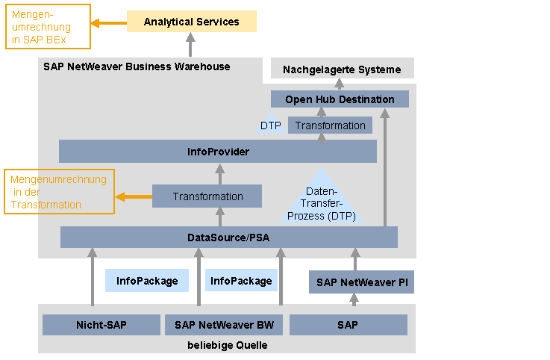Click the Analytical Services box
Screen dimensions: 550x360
click(192, 22)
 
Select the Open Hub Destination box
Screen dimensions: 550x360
click(340, 99)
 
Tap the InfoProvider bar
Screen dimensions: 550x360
click(218, 152)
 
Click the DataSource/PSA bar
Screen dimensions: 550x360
click(228, 238)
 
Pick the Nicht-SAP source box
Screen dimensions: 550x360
click(101, 325)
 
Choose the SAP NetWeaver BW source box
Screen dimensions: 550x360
click(224, 325)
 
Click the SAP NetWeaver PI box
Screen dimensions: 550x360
click(361, 282)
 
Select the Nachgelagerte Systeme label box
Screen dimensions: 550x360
click(343, 69)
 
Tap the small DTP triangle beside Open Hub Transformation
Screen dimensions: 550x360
click(270, 124)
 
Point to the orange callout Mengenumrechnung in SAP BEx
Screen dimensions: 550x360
click(48, 26)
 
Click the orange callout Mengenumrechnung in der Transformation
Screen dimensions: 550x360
click(59, 192)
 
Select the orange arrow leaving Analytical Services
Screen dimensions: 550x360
click(109, 23)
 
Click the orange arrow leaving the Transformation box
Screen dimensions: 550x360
click(134, 196)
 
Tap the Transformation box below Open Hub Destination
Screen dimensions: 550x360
click(330, 125)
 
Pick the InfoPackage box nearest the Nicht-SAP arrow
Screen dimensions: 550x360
click(147, 281)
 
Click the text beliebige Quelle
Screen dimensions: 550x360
click(228, 345)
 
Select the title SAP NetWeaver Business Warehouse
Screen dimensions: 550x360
click(137, 66)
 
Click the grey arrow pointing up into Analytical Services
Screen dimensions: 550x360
click(190, 45)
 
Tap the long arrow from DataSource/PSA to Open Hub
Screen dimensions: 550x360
click(385, 167)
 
